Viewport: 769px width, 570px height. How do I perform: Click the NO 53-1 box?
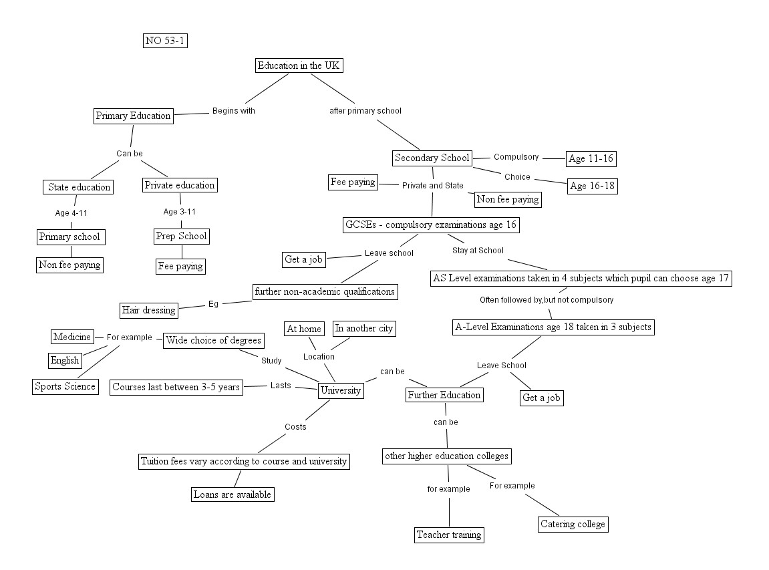pyautogui.click(x=165, y=41)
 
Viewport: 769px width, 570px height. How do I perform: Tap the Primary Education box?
pyautogui.click(x=133, y=116)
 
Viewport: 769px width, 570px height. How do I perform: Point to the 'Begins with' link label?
pyautogui.click(x=233, y=111)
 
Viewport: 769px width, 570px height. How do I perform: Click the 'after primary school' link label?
pyautogui.click(x=365, y=111)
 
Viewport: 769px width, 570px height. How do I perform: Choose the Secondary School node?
pyautogui.click(x=432, y=158)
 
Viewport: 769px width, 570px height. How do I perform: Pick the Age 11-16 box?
pyautogui.click(x=591, y=159)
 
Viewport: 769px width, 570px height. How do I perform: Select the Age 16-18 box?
pyautogui.click(x=591, y=186)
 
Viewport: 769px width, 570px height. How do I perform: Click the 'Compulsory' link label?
pyautogui.click(x=516, y=157)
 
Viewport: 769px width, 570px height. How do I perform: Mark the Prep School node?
pyautogui.click(x=181, y=236)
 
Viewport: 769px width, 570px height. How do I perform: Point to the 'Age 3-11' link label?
pyautogui.click(x=180, y=212)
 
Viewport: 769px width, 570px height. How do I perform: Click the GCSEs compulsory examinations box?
pyautogui.click(x=431, y=225)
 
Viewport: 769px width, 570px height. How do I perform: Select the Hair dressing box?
pyautogui.click(x=149, y=310)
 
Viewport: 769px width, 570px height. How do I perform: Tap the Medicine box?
pyautogui.click(x=71, y=337)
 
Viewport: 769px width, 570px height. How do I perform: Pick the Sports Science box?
pyautogui.click(x=65, y=386)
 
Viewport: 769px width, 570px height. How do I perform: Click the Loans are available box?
pyautogui.click(x=232, y=494)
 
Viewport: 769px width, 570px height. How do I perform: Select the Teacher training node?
pyautogui.click(x=449, y=535)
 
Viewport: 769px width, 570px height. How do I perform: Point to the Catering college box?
pyautogui.click(x=573, y=524)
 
